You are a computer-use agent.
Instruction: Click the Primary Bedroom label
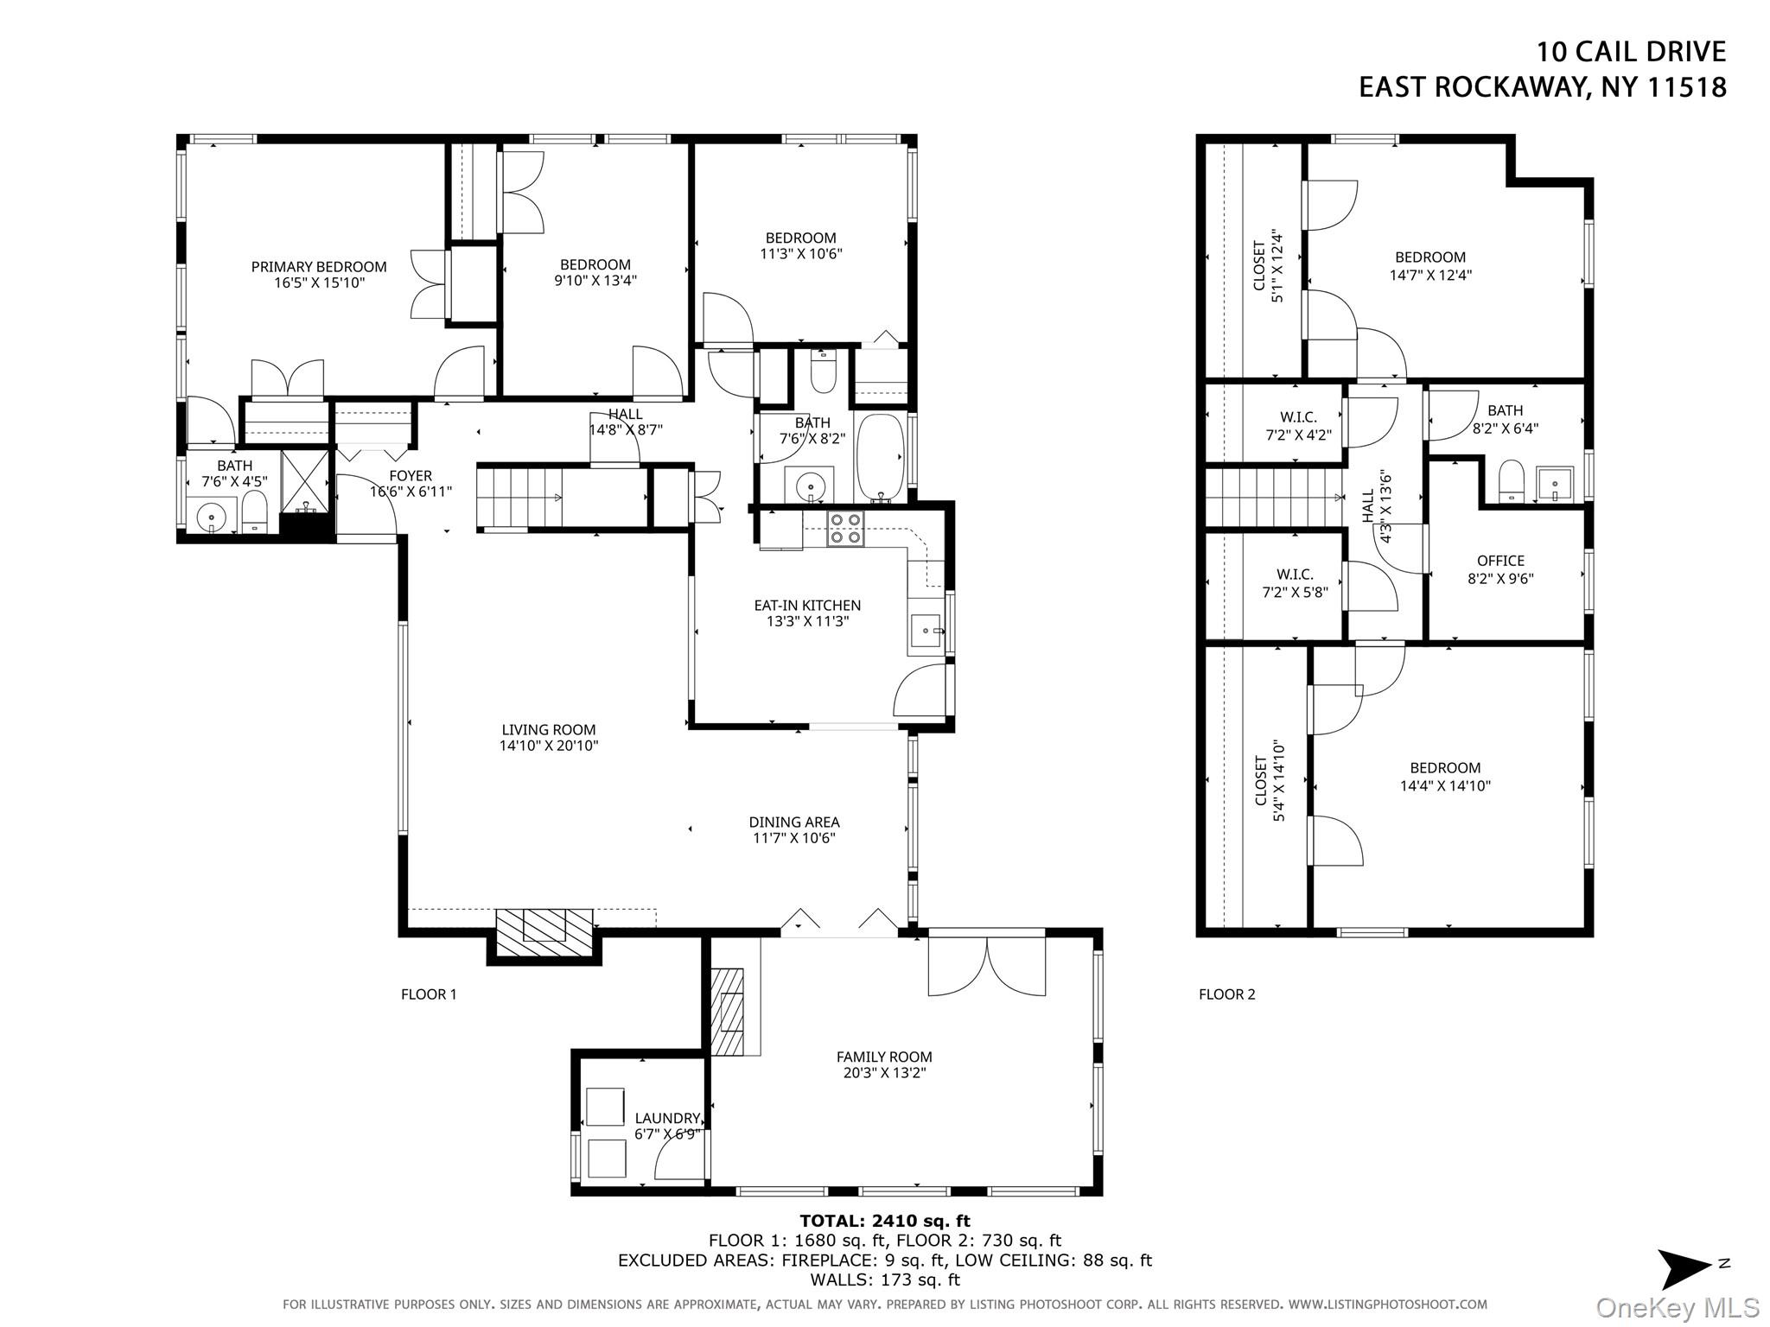319,267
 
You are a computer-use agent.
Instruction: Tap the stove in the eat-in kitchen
845,529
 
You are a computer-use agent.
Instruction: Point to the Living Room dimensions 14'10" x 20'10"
549,746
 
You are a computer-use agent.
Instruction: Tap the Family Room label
884,1057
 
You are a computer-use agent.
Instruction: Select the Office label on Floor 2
1500,561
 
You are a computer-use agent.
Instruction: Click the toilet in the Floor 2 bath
1511,480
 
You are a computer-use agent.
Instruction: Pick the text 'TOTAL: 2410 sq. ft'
885,1221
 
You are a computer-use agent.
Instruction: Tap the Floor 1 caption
429,994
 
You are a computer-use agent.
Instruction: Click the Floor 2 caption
1226,994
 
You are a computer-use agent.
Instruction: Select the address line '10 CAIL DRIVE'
1631,52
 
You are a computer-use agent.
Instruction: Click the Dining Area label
794,822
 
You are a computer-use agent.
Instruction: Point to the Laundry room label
667,1118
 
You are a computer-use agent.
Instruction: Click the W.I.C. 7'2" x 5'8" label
1295,583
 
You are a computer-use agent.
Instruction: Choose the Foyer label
411,476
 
